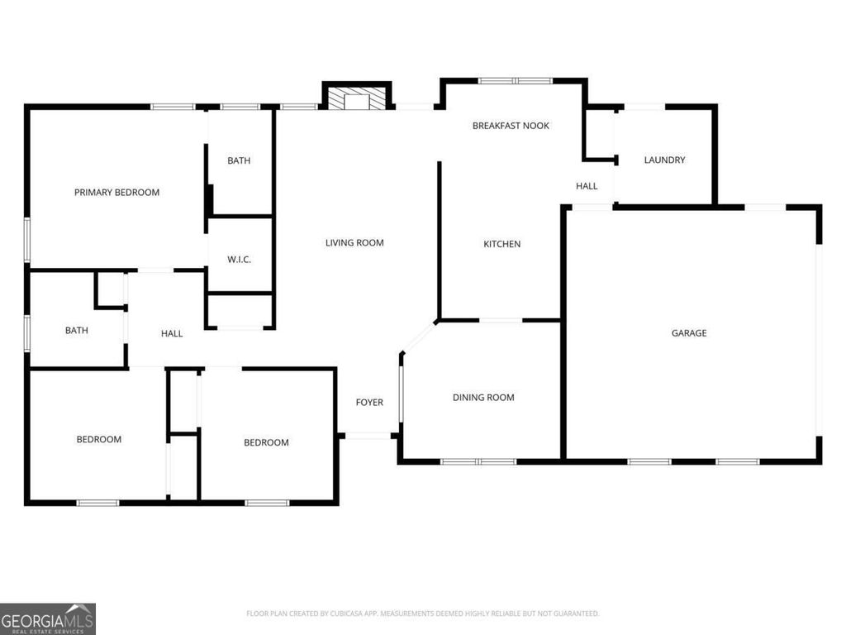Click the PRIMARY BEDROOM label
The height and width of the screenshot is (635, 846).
(116, 193)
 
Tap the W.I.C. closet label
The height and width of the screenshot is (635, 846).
(239, 260)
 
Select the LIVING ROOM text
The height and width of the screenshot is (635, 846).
(354, 243)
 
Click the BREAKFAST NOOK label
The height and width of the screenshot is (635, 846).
(511, 126)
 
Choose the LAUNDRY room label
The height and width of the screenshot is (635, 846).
(664, 160)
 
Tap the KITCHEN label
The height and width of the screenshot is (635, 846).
(502, 244)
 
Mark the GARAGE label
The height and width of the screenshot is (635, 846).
(688, 333)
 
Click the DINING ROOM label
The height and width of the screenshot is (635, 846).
(483, 398)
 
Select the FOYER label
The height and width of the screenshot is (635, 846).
(369, 403)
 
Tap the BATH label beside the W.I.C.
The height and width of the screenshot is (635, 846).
(239, 161)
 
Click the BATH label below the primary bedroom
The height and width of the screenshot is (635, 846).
(77, 331)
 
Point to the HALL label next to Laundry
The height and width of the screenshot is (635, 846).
(587, 186)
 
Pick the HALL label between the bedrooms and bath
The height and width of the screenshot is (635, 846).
(172, 333)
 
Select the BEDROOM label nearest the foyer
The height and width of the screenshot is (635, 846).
(266, 442)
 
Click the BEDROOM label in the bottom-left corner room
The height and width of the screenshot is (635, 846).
(99, 439)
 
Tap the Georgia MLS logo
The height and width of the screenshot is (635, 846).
(48, 618)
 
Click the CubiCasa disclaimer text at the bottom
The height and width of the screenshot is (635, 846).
(422, 614)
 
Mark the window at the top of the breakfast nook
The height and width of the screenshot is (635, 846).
(516, 81)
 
